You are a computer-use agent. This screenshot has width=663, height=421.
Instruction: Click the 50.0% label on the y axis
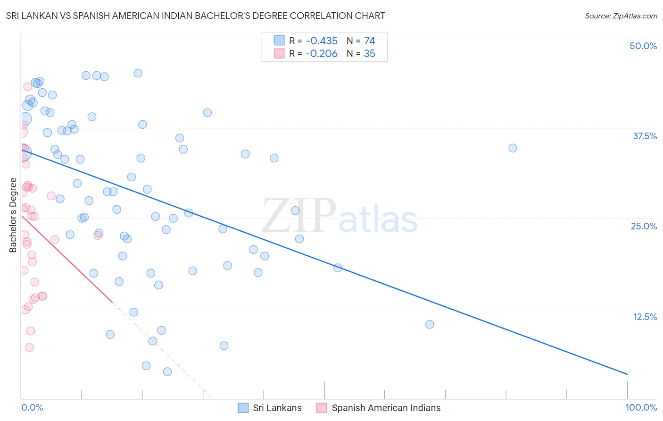point(643,46)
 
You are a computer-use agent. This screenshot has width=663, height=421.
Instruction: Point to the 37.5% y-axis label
point(645,136)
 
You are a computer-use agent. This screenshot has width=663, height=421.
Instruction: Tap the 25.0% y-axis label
point(644,226)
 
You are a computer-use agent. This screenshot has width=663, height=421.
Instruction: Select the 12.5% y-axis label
point(645,317)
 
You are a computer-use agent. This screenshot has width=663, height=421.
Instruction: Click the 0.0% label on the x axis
point(32,407)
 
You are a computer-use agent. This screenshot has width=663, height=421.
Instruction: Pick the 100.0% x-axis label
point(641,407)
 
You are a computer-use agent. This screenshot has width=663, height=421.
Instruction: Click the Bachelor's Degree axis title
point(13,215)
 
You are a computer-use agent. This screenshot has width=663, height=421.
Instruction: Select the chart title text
point(195,16)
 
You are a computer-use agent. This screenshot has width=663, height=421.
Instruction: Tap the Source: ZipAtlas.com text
point(621,16)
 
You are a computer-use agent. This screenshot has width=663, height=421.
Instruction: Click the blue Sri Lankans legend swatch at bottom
point(243,408)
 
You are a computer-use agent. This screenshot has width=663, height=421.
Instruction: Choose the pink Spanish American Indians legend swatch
point(322,408)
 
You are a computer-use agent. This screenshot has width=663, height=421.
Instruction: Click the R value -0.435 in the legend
point(322,41)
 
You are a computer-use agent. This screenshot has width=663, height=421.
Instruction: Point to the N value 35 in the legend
point(369,54)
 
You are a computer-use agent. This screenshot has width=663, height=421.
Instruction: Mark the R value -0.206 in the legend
point(322,54)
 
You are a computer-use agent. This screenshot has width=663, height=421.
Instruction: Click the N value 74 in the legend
point(369,41)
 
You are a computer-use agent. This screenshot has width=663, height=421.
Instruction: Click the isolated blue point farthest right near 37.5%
point(513,148)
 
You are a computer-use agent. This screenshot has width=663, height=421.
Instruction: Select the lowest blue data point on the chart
point(167,371)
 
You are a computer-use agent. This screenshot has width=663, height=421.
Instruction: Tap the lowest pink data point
point(29,347)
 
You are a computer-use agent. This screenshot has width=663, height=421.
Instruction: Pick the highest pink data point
point(27,87)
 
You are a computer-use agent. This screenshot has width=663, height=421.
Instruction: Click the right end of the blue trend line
point(627,374)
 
